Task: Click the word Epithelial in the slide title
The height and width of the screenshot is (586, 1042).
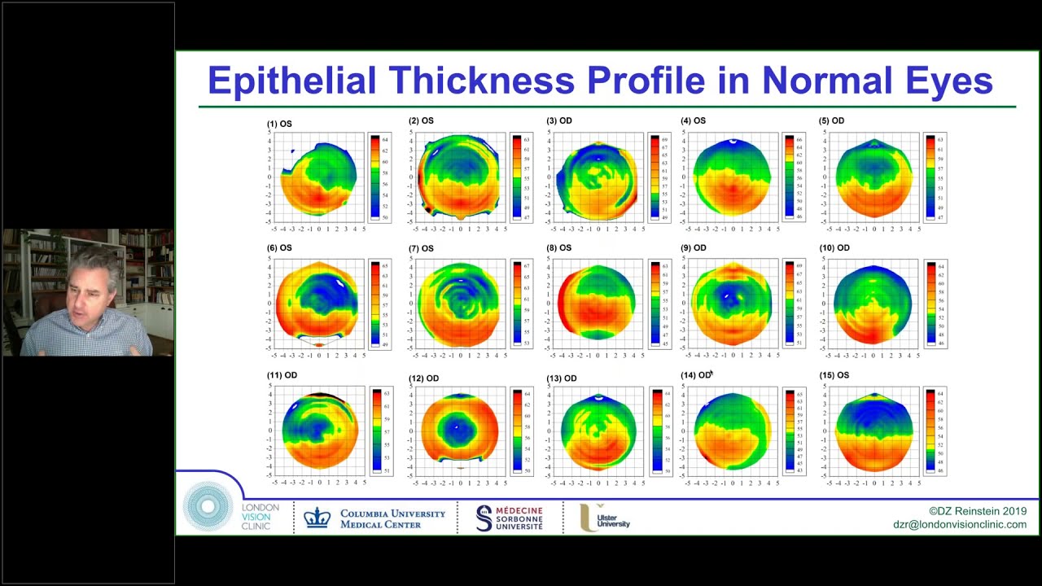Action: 291,81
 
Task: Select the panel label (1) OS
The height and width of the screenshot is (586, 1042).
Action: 279,124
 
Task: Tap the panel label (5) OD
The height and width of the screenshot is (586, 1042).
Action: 831,120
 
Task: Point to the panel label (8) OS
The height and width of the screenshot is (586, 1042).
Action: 558,247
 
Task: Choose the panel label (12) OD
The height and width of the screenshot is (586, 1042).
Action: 423,378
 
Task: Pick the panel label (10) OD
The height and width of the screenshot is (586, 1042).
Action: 834,247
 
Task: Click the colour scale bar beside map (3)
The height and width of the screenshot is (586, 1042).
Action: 655,177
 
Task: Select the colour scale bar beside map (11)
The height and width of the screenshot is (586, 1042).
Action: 377,431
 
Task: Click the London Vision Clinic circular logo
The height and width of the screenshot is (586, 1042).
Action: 208,506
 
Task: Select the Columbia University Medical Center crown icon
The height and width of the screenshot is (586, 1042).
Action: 317,518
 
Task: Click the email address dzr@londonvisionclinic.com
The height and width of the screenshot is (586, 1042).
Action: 959,525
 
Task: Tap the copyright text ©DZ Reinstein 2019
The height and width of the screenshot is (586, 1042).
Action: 977,511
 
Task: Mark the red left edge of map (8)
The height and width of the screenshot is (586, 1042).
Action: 561,303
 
